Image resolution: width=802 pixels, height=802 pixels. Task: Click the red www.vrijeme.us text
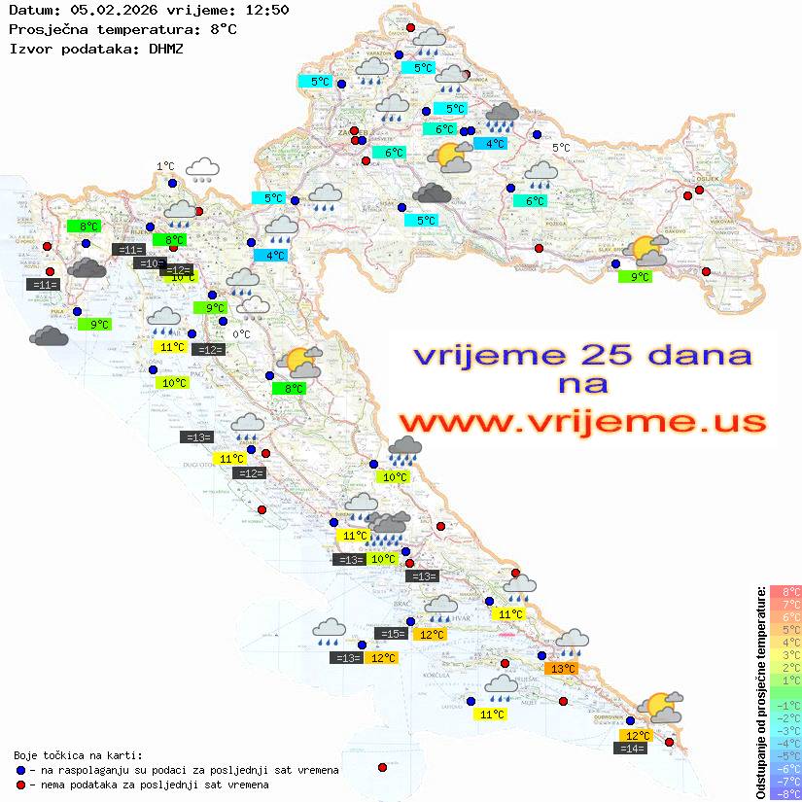click(x=581, y=423)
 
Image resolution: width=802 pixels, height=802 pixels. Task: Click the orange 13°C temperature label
click(x=563, y=669)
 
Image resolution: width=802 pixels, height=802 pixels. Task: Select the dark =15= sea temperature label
click(x=392, y=634)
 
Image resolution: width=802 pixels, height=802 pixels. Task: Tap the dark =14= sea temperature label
click(x=632, y=748)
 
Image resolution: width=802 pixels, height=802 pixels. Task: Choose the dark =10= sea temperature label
click(x=149, y=263)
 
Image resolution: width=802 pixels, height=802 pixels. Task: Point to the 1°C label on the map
click(x=165, y=167)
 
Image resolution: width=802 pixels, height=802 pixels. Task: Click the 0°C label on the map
click(x=242, y=334)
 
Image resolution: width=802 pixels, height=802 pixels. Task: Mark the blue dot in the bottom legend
click(x=21, y=770)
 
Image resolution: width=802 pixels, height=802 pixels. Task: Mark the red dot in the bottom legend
click(x=21, y=785)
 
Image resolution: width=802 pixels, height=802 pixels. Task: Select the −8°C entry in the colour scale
click(x=785, y=794)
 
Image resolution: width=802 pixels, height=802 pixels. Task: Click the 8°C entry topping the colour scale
click(x=785, y=592)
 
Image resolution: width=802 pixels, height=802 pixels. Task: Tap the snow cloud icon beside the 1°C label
click(x=202, y=171)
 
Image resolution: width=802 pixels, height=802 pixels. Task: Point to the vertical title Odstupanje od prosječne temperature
click(x=760, y=692)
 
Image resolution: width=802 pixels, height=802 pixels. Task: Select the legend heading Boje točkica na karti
click(x=78, y=755)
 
